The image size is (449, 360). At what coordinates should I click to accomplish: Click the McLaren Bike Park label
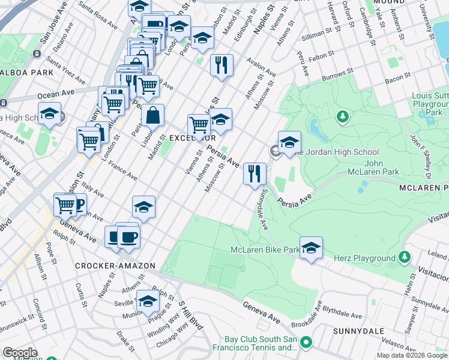[x=265, y=250]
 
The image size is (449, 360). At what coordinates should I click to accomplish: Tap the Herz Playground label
[x=370, y=259]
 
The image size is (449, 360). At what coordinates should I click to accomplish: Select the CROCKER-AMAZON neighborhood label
[x=115, y=266]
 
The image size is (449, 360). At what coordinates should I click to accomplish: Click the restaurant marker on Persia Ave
[x=255, y=173]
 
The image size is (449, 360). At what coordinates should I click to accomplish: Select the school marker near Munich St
[x=148, y=301]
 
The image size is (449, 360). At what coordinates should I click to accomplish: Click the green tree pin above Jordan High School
[x=343, y=116]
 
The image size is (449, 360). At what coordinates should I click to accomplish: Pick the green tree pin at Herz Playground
[x=405, y=257]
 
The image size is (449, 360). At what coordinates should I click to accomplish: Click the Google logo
[x=20, y=353]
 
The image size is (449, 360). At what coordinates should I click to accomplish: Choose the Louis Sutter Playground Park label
[x=429, y=104]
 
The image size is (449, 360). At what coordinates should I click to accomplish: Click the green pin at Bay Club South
[x=306, y=343]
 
